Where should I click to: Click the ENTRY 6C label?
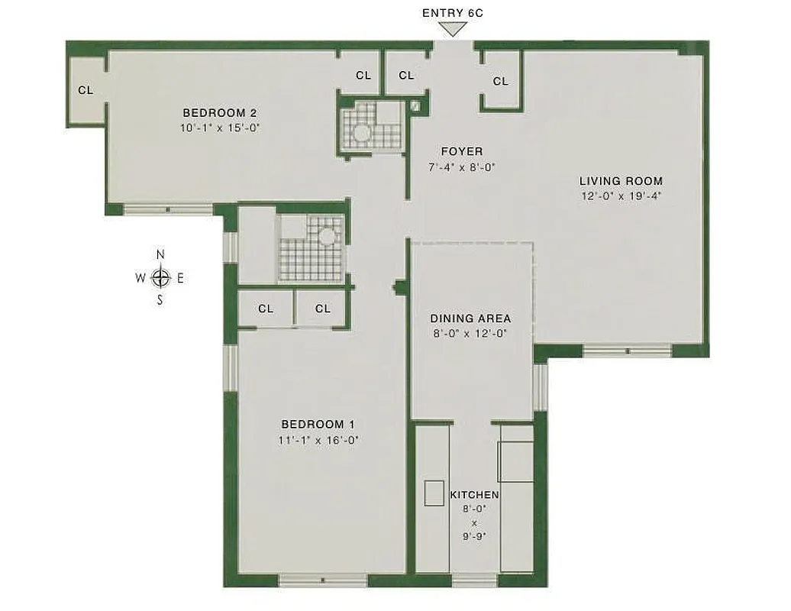[454, 13]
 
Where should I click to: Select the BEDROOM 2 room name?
[218, 114]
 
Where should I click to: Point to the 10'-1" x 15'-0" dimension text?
[221, 128]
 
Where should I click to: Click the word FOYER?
[462, 151]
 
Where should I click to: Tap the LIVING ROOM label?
[621, 181]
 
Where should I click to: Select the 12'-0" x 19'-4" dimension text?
[621, 196]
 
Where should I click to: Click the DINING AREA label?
[470, 318]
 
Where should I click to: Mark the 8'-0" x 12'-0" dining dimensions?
[470, 333]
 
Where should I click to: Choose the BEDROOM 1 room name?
[318, 425]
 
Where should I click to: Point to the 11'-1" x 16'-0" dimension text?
[318, 439]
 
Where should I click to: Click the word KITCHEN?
[474, 496]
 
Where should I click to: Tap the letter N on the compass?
[160, 255]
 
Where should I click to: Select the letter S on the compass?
[160, 300]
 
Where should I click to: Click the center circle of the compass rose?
[160, 278]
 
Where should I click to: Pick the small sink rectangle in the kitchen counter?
[434, 493]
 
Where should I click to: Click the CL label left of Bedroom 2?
[86, 90]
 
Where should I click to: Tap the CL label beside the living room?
[501, 81]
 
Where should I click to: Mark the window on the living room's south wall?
[627, 351]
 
